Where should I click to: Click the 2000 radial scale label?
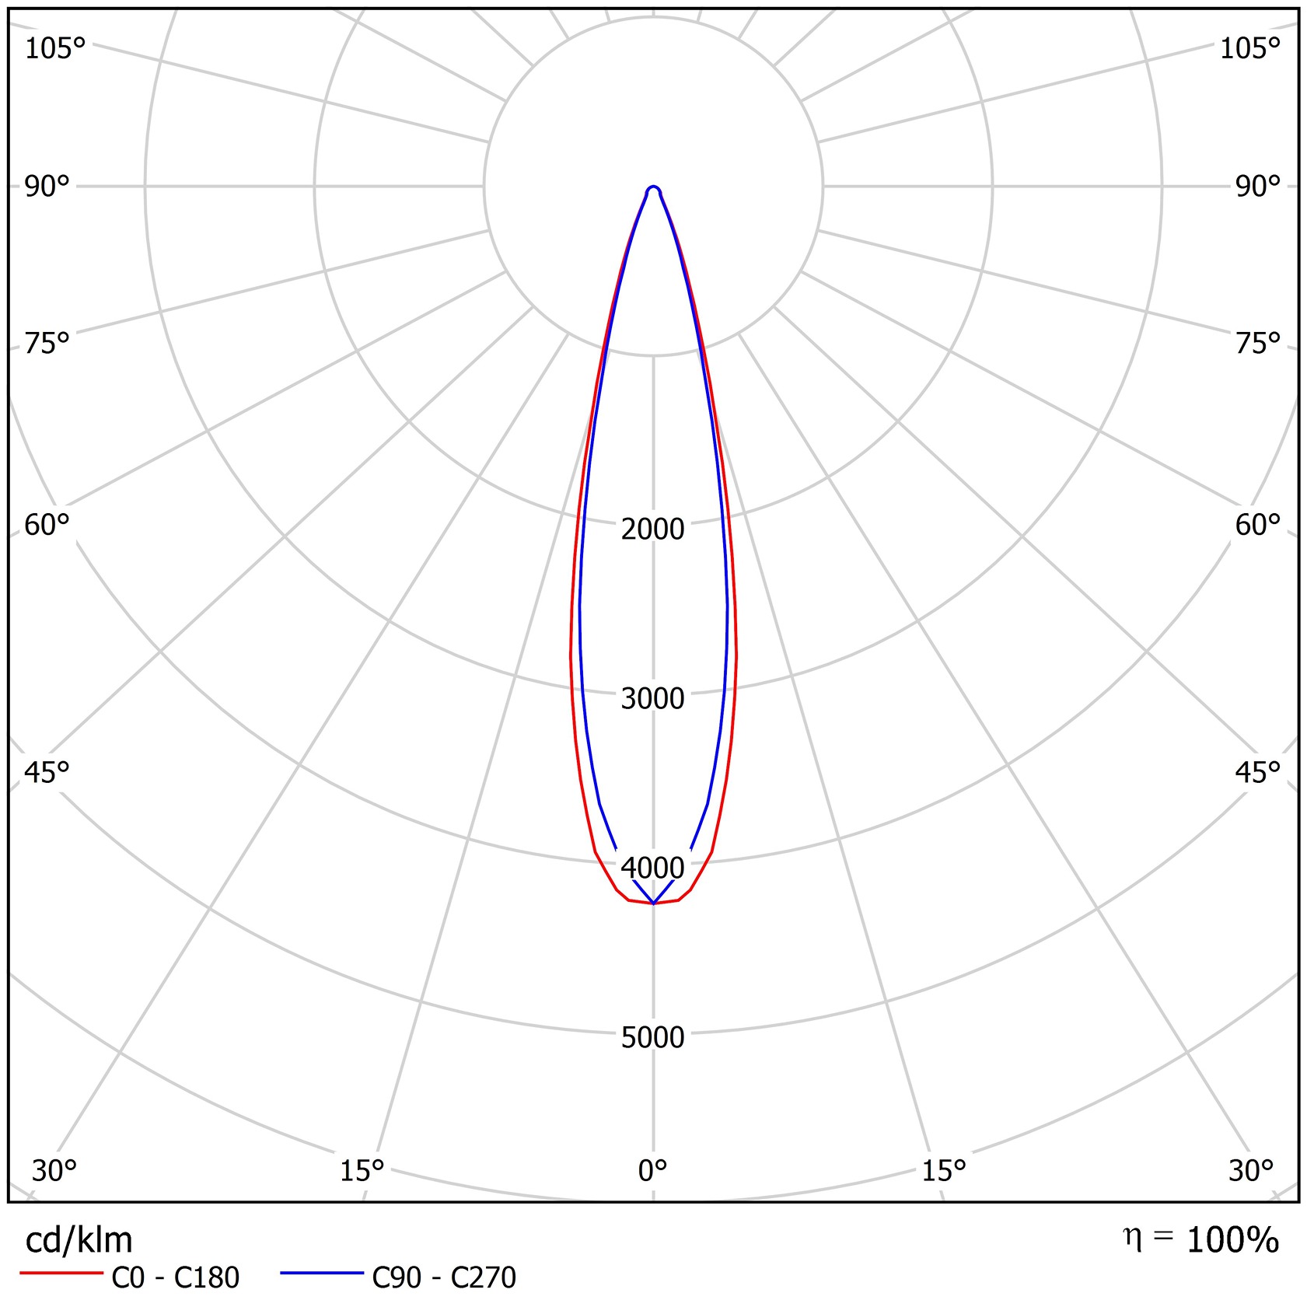pyautogui.click(x=652, y=529)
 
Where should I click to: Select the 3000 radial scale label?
pyautogui.click(x=652, y=699)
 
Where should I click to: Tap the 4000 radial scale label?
pyautogui.click(x=652, y=868)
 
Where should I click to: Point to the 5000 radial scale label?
pyautogui.click(x=652, y=1037)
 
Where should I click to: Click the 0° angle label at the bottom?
pyautogui.click(x=652, y=1170)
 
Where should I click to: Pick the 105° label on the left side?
pyautogui.click(x=54, y=49)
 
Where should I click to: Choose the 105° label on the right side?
pyautogui.click(x=1249, y=49)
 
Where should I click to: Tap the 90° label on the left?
pyautogui.click(x=47, y=187)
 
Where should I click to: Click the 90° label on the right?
pyautogui.click(x=1257, y=187)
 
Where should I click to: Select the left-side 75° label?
pyautogui.click(x=47, y=343)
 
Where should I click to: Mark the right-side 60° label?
pyautogui.click(x=1257, y=526)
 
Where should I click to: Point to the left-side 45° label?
pyautogui.click(x=47, y=773)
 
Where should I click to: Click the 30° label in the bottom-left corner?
pyautogui.click(x=54, y=1170)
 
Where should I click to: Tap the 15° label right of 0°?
pyautogui.click(x=944, y=1170)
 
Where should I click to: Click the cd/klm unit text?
pyautogui.click(x=79, y=1240)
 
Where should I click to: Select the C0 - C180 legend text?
pyautogui.click(x=175, y=1277)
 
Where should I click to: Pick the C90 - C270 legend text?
pyautogui.click(x=444, y=1277)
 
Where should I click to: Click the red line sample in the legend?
pyautogui.click(x=61, y=1274)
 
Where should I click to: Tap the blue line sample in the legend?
pyautogui.click(x=321, y=1274)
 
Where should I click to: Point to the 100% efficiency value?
pyautogui.click(x=1232, y=1241)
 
